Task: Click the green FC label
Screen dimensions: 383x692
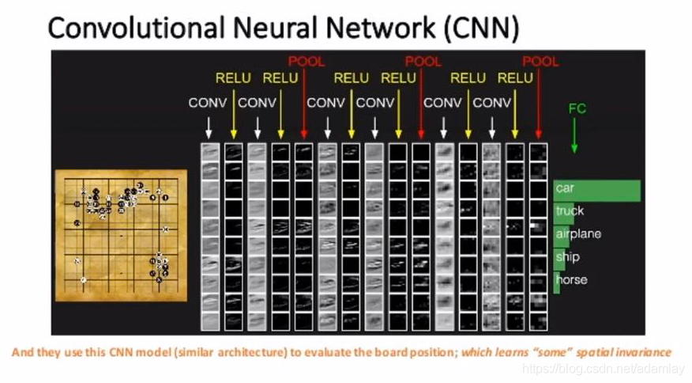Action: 577,108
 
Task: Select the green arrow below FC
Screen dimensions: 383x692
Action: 575,135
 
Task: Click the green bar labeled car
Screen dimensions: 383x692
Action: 596,189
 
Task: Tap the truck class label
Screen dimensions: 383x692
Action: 570,211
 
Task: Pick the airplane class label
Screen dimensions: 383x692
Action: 578,234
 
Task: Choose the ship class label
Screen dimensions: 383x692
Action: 567,257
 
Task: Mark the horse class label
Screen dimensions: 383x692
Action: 571,280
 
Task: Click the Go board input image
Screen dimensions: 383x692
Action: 121,235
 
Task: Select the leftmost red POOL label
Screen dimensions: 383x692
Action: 306,61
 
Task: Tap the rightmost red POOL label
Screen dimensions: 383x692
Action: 540,61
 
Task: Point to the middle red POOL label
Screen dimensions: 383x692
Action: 423,61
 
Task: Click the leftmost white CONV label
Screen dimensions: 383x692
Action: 208,103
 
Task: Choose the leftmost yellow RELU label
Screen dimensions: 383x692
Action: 233,78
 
